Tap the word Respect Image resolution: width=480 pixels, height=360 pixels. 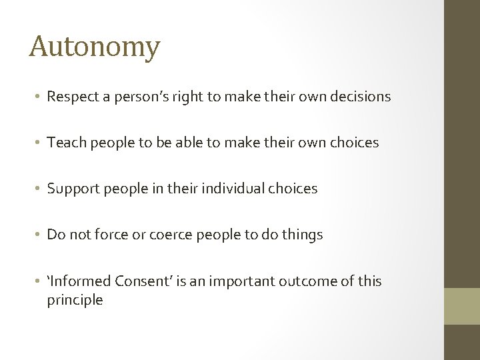[x=71, y=97]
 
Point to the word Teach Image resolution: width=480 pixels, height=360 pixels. [x=65, y=143]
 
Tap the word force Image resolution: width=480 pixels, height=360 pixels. [x=109, y=235]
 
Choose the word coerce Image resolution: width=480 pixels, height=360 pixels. [x=156, y=235]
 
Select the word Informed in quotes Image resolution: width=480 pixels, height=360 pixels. [x=79, y=281]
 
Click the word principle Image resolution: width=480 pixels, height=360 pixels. [x=75, y=300]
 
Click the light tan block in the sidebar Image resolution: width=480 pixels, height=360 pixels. [x=462, y=306]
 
